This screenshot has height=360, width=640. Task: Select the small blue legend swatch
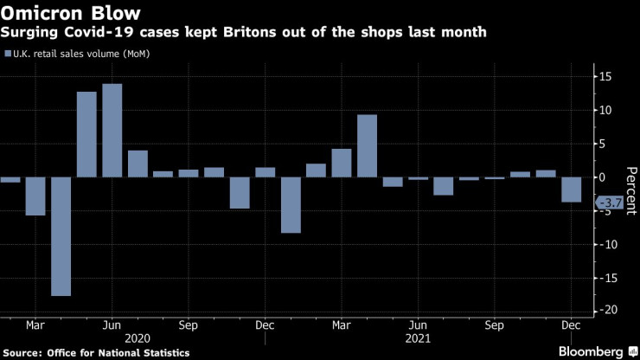coord(8,54)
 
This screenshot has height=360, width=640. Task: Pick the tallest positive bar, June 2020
coord(112,130)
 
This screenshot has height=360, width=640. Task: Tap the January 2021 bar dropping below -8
coord(291,205)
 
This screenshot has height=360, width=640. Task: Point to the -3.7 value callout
coord(611,202)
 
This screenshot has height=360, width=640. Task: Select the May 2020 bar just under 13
coord(86,134)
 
